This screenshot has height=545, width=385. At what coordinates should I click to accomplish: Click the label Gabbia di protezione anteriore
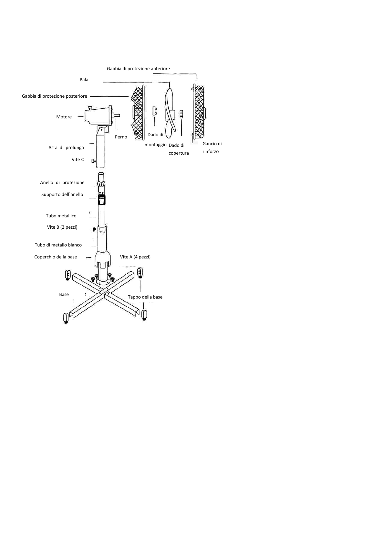(138, 69)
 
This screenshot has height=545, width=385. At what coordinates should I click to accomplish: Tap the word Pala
(84, 80)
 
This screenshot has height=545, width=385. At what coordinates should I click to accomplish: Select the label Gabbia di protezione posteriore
(54, 96)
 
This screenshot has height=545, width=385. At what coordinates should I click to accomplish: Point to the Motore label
(64, 117)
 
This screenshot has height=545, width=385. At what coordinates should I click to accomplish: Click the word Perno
(121, 137)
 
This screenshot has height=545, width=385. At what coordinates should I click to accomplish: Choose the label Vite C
(78, 159)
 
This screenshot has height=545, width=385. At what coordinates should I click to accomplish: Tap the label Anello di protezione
(62, 182)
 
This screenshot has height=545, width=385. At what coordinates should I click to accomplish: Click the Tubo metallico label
(61, 216)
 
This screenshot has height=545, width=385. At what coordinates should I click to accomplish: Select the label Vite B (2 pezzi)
(62, 227)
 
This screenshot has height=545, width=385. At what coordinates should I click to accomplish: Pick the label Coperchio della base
(55, 257)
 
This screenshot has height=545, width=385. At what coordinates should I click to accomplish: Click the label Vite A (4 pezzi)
(135, 257)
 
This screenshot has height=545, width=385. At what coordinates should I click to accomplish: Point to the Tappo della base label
(145, 297)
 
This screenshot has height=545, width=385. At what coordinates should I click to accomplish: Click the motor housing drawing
(99, 116)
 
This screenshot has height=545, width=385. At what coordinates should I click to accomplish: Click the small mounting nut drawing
(154, 111)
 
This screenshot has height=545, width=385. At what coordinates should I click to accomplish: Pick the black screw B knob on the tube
(95, 229)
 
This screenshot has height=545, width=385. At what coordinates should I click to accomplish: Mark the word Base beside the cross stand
(64, 294)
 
